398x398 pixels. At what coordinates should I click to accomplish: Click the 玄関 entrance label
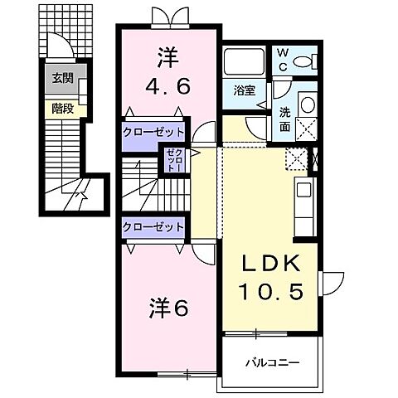point(61,79)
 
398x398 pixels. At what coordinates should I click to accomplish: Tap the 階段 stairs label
point(61,107)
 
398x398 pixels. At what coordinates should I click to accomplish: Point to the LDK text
point(267,264)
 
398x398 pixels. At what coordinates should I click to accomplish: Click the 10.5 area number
point(267,291)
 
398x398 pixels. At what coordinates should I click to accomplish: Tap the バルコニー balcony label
point(271,362)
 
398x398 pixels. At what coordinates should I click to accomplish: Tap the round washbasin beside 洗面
point(306,104)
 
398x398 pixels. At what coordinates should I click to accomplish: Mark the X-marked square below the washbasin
point(306,129)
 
